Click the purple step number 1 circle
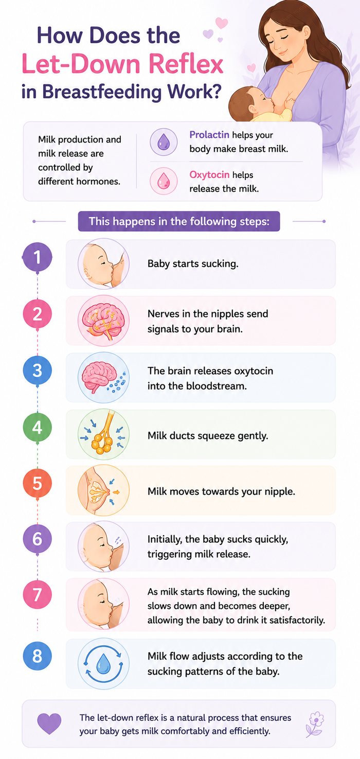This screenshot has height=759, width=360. click(37, 257)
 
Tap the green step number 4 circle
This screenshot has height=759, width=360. click(37, 427)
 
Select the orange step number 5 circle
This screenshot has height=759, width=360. click(37, 484)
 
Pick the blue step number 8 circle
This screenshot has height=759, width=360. click(37, 656)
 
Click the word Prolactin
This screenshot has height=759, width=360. click(209, 135)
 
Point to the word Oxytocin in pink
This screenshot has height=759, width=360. click(209, 175)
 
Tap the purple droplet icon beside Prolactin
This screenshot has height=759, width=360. click(164, 142)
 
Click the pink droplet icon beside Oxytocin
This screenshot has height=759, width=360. click(164, 181)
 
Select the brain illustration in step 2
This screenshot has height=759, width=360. click(104, 321)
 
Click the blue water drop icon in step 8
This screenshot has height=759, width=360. click(103, 664)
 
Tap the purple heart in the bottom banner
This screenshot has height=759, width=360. click(49, 724)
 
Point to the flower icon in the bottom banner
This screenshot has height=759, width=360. click(315, 724)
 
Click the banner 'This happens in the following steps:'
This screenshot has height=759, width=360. click(179, 221)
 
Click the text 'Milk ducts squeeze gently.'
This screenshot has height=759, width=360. click(208, 436)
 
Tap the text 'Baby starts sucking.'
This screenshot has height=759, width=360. click(193, 263)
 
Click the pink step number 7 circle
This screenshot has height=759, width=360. click(37, 595)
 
